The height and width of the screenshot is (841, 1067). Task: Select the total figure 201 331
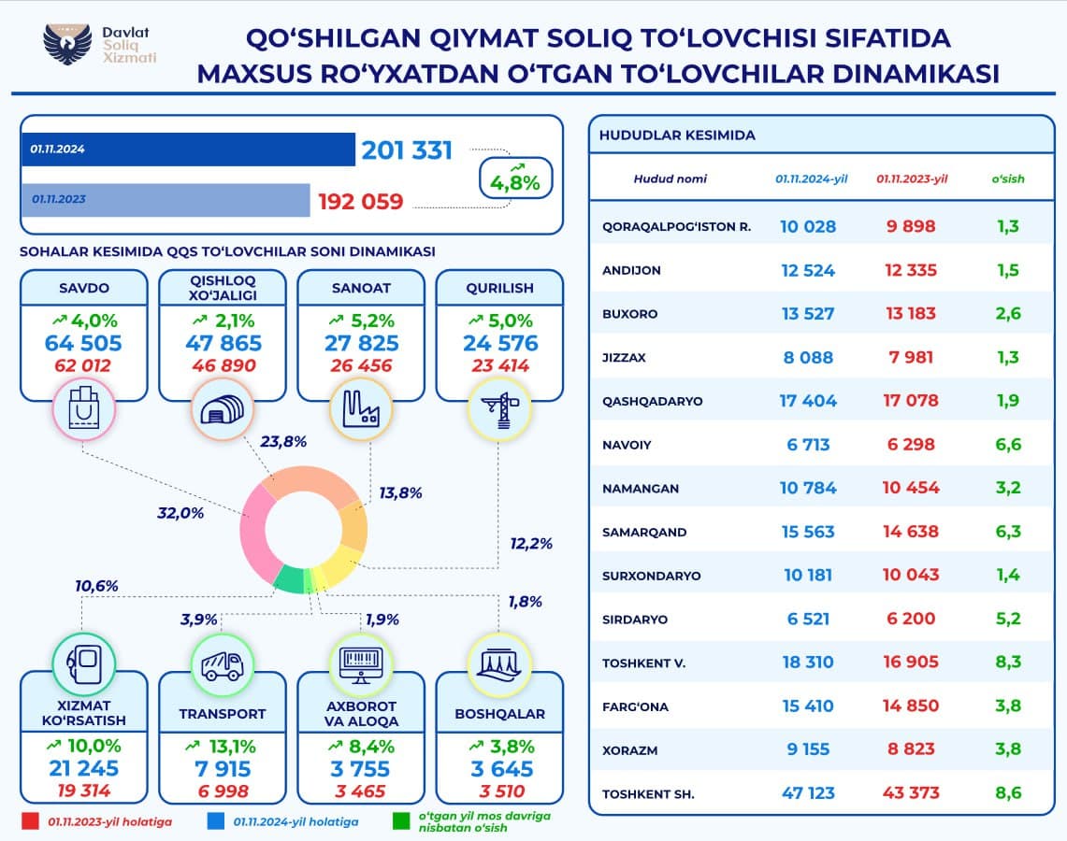[407, 150]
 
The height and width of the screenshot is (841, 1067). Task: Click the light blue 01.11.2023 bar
[168, 199]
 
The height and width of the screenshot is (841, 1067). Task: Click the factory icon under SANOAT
[361, 409]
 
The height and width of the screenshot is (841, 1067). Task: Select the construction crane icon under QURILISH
[498, 409]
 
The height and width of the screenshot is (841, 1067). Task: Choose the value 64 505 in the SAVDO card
[84, 343]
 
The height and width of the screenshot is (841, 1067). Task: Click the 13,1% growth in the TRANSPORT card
[223, 746]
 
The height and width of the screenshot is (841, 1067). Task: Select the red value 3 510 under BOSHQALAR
[498, 791]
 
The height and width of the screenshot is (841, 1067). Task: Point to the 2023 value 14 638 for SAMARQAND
[910, 532]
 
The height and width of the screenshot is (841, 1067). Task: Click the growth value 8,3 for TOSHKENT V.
[1009, 663]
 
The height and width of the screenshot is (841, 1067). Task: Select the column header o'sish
[1007, 178]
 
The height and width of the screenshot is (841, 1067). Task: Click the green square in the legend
[401, 821]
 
